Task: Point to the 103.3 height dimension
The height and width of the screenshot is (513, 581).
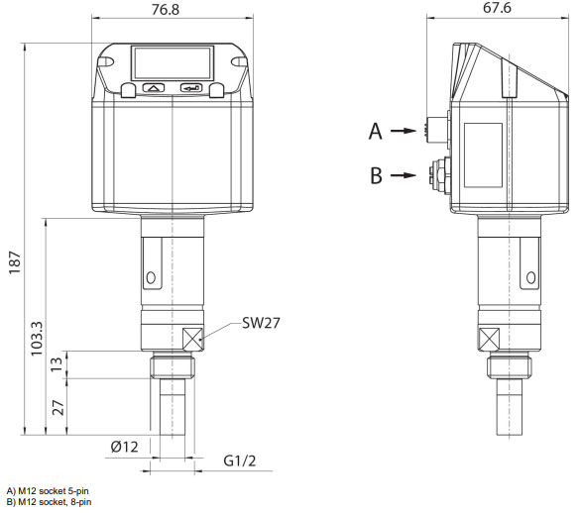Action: coord(39,339)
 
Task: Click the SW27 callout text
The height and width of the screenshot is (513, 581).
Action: coord(260,323)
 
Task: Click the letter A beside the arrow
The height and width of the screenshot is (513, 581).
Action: coord(375,130)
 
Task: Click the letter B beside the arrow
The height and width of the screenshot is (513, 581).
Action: coord(375,175)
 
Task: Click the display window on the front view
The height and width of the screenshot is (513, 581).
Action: coord(173,64)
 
